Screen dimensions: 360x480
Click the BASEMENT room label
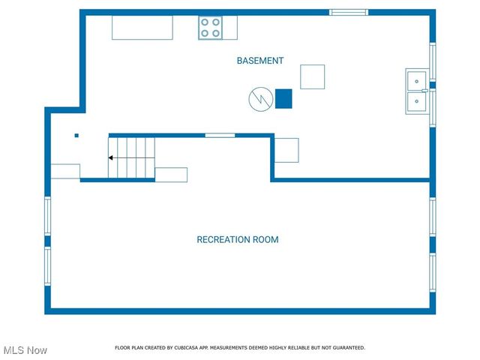click(260, 61)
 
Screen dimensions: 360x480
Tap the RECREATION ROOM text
click(237, 240)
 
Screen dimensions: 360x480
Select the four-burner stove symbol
click(211, 28)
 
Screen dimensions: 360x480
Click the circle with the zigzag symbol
click(260, 99)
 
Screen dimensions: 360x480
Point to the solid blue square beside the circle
click(283, 99)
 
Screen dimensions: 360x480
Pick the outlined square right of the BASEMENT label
click(313, 76)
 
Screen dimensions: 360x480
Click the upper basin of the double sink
click(416, 79)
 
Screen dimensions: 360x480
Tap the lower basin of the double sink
click(416, 102)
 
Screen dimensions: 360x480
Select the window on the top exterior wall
click(349, 12)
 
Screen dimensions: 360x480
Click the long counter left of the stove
click(142, 28)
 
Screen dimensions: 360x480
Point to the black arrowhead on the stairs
click(111, 158)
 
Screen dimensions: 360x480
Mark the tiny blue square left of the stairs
click(76, 136)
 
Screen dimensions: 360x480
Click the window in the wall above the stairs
click(220, 135)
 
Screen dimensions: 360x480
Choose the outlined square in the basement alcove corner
click(286, 150)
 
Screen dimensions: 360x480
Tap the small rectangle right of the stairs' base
click(171, 175)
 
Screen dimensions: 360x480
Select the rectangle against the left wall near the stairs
click(65, 171)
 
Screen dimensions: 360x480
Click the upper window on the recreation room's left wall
click(48, 216)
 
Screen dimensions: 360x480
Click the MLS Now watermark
click(25, 350)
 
